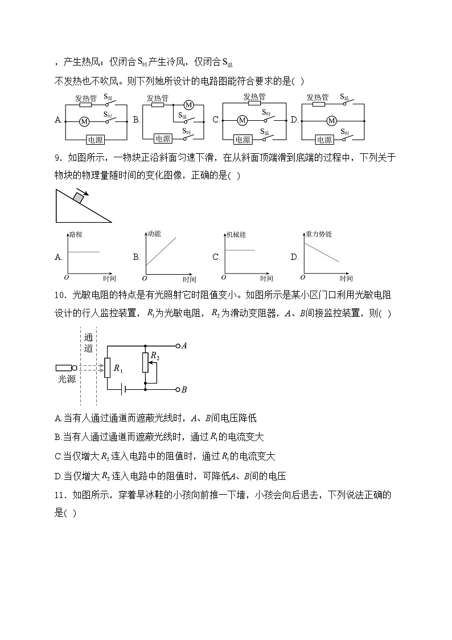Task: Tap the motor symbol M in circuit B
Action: click(189, 105)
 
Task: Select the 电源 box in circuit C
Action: click(243, 139)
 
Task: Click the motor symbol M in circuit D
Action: click(331, 121)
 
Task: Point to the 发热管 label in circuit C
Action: click(254, 96)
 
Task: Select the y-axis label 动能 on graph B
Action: click(154, 234)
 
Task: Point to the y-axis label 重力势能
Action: click(318, 234)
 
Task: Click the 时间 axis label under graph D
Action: click(346, 279)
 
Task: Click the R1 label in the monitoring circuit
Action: click(118, 368)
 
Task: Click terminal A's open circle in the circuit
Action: click(178, 346)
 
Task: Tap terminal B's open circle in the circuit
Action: click(178, 390)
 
